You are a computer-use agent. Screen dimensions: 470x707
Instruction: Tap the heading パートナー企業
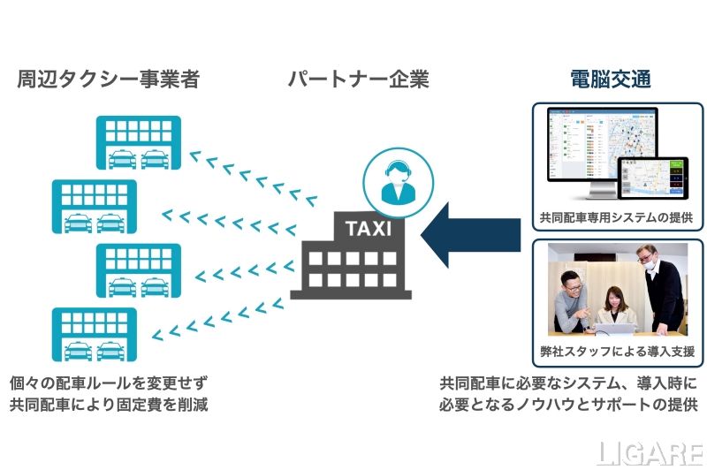[x=358, y=80]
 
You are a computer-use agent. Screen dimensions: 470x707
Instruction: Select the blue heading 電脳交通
[x=611, y=80]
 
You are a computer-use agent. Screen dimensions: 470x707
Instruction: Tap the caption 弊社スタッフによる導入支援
[x=614, y=351]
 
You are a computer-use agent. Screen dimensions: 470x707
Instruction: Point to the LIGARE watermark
[x=650, y=452]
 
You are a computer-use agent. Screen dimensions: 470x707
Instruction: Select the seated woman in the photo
[x=611, y=305]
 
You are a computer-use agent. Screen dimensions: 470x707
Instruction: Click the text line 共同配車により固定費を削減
[x=113, y=406]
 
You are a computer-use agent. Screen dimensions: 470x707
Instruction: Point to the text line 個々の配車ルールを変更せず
[x=113, y=383]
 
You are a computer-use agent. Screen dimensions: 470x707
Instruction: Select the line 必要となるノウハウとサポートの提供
[x=568, y=406]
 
